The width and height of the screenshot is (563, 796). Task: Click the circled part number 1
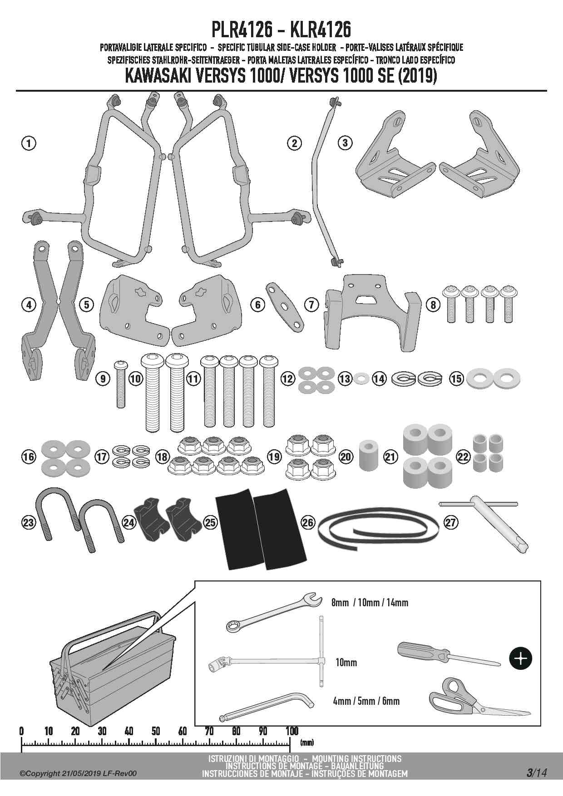(29, 143)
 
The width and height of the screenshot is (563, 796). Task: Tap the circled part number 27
(450, 522)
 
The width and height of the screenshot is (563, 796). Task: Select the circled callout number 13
(345, 378)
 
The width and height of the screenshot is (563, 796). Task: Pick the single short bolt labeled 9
(121, 382)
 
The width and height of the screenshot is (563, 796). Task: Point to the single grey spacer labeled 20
(369, 455)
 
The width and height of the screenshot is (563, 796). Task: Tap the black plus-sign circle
(521, 658)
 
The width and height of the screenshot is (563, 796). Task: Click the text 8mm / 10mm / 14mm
(370, 603)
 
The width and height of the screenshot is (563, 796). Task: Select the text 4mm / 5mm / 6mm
(366, 701)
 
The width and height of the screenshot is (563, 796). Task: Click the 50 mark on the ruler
(156, 731)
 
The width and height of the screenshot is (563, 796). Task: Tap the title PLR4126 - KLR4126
(281, 30)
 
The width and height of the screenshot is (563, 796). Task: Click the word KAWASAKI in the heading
(158, 76)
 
